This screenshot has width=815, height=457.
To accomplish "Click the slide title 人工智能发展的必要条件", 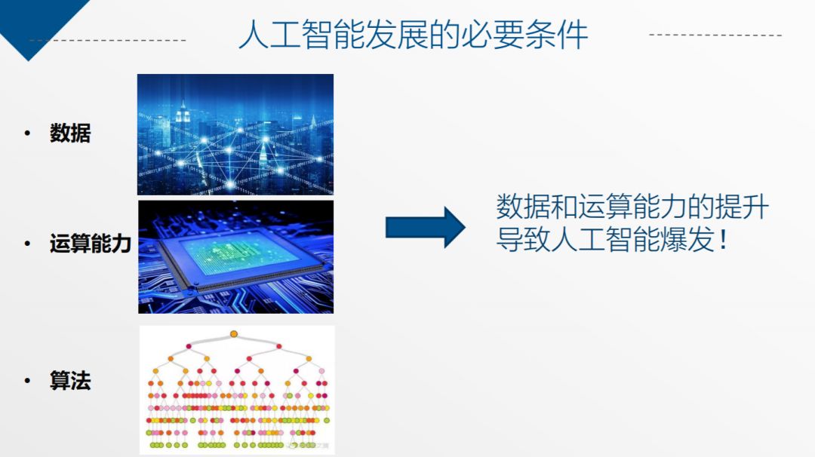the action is pyautogui.click(x=414, y=34).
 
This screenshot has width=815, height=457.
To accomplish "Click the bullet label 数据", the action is pyautogui.click(x=70, y=133).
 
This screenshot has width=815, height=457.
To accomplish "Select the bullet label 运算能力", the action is pyautogui.click(x=91, y=244).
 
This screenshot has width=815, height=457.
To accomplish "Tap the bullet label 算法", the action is pyautogui.click(x=70, y=381).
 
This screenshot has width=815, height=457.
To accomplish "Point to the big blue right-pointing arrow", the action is pyautogui.click(x=425, y=228).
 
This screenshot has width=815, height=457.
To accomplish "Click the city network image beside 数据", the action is pyautogui.click(x=235, y=134).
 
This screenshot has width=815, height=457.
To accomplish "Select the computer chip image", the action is pyautogui.click(x=236, y=257).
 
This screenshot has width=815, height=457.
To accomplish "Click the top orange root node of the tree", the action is pyautogui.click(x=234, y=334).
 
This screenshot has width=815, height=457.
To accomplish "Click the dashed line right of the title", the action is pyautogui.click(x=715, y=35).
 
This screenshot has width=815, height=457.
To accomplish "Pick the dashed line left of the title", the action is pyautogui.click(x=108, y=40).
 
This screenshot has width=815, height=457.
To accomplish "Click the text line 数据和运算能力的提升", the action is pyautogui.click(x=632, y=207).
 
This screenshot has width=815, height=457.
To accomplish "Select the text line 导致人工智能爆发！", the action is pyautogui.click(x=612, y=239).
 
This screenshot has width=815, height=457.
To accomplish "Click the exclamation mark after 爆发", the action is pyautogui.click(x=722, y=240).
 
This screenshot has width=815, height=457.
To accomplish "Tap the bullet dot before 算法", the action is pyautogui.click(x=28, y=381).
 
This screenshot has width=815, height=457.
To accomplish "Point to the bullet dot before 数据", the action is pyautogui.click(x=28, y=133).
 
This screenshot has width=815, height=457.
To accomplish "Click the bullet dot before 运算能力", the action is pyautogui.click(x=28, y=244).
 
